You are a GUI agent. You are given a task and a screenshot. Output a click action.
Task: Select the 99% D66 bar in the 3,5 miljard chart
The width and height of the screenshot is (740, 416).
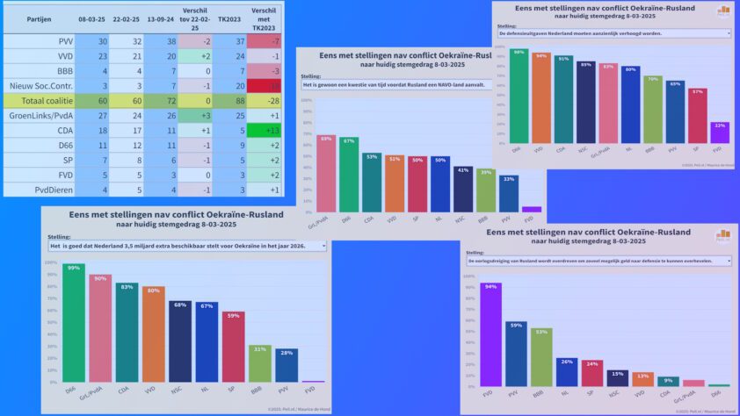[x=73, y=321]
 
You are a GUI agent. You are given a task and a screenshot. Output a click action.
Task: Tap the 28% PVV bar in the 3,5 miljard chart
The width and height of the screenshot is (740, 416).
[x=286, y=364]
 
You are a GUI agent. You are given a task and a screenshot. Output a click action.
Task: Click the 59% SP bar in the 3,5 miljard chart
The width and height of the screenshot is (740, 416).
[x=233, y=346]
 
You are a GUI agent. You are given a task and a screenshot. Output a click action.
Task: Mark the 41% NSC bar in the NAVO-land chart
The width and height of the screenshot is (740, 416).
[x=461, y=188]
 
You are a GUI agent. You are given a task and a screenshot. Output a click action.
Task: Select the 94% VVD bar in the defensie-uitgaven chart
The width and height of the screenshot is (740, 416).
[x=540, y=97]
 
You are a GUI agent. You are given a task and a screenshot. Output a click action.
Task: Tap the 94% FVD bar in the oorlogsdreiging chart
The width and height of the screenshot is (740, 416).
[x=490, y=334]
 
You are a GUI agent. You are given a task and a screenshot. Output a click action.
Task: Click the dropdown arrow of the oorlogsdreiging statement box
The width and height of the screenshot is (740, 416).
[x=728, y=261]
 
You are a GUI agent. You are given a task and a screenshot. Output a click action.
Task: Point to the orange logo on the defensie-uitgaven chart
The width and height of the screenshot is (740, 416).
[x=723, y=11]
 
